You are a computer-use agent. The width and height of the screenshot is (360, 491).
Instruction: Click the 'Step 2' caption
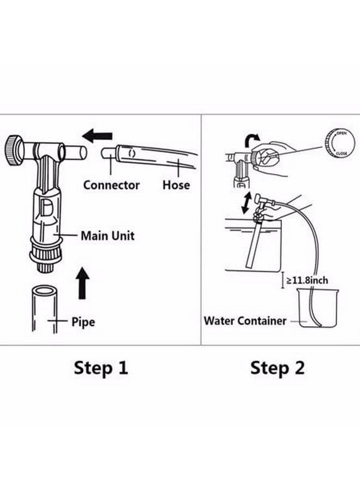click(278, 368)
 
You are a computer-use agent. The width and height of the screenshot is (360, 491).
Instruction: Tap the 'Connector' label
click(111, 185)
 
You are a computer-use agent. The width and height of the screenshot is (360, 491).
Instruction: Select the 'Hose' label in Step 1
click(176, 185)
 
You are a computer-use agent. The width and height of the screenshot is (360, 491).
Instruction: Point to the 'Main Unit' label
click(107, 236)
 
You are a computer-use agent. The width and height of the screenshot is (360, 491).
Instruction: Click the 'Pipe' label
click(83, 321)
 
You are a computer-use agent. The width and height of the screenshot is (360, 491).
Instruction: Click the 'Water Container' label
click(244, 320)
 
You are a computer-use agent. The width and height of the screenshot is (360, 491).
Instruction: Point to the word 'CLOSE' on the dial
click(342, 154)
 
